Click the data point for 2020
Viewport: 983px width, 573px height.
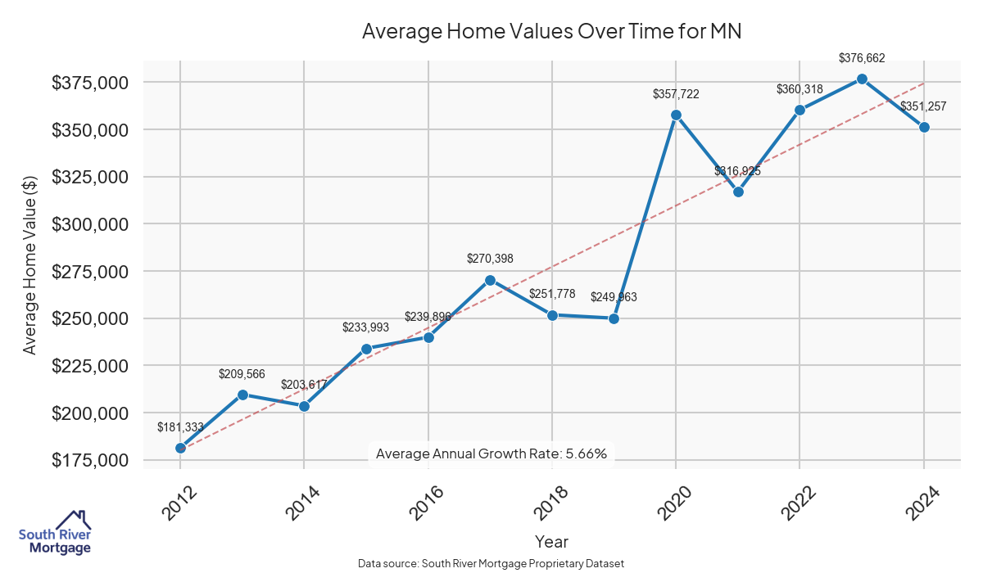676,115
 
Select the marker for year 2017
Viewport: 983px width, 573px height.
490,280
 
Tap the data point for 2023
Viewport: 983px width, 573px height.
862,79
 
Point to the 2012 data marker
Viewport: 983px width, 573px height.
180,448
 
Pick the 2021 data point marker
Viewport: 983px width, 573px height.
738,192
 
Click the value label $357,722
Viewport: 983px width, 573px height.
676,94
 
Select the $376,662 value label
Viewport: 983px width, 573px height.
862,58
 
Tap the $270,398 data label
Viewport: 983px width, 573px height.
490,259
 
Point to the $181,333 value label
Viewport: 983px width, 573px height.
180,427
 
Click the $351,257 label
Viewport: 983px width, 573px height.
923,106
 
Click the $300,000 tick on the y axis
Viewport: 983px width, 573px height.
90,224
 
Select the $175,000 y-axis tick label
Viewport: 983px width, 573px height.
90,460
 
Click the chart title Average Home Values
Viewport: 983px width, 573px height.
551,32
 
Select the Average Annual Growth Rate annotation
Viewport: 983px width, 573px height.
491,453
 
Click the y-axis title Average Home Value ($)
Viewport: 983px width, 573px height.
30,265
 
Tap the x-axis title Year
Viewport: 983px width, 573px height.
551,541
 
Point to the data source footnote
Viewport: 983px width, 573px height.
491,564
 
